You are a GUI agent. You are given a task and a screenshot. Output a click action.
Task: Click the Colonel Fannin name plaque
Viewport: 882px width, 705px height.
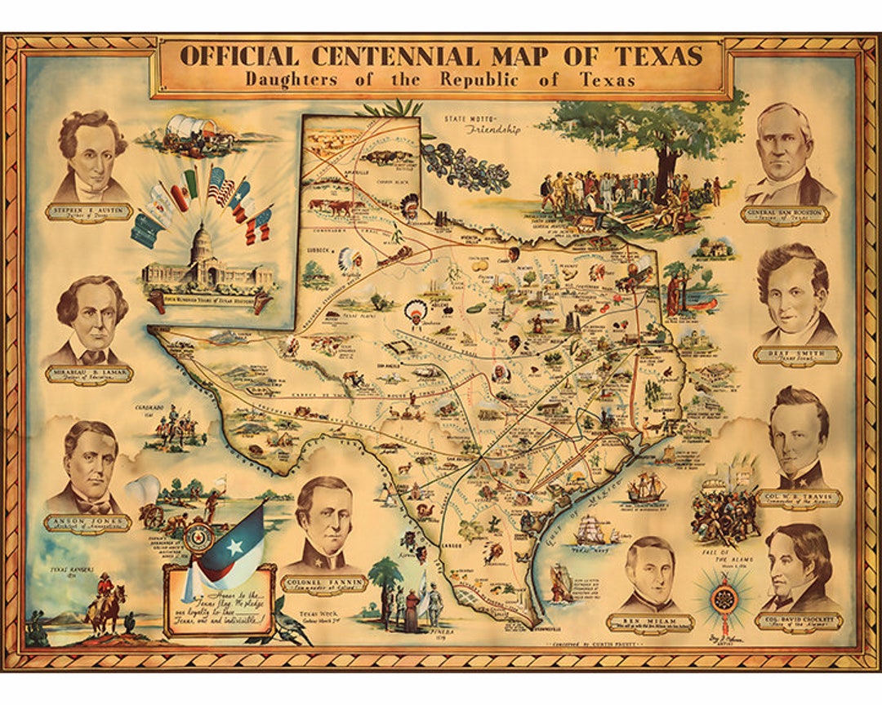pos(324,584)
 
